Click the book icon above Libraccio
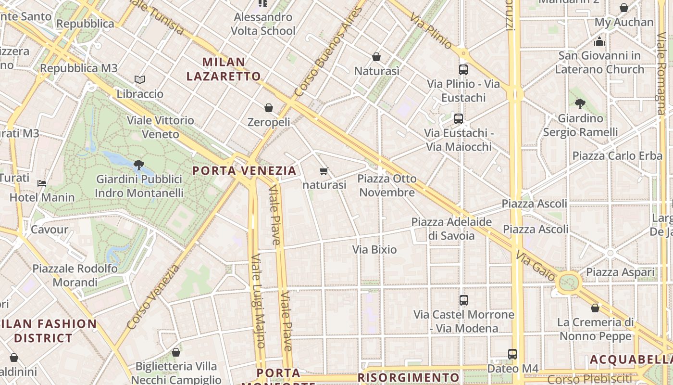140,79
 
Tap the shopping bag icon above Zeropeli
269,108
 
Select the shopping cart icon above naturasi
324,171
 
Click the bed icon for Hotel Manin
42,183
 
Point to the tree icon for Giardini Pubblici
139,165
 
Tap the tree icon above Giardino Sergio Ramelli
580,103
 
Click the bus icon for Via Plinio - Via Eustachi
463,70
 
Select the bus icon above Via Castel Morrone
464,300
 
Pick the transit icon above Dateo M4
512,354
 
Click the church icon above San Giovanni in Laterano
599,41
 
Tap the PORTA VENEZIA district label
245,171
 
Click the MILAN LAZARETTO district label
224,69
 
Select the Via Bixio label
374,249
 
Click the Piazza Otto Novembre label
387,185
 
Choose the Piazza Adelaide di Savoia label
451,229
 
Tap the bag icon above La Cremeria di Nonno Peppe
595,308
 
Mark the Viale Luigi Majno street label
258,301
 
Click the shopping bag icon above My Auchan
624,8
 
